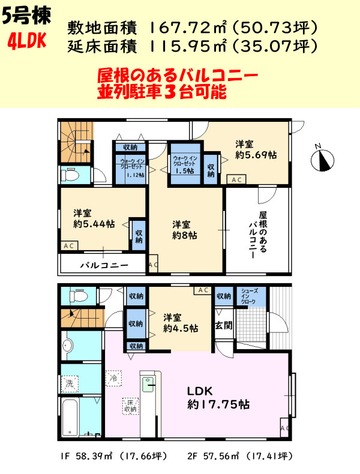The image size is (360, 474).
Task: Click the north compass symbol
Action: tap(323, 158)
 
